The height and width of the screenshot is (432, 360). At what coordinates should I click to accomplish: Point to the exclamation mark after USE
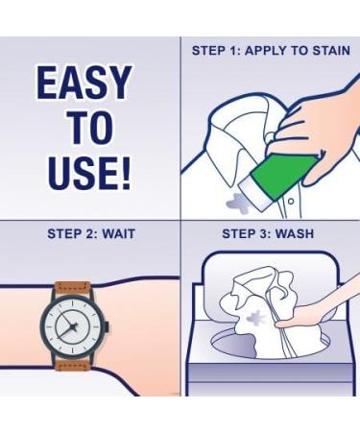point(123,174)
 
